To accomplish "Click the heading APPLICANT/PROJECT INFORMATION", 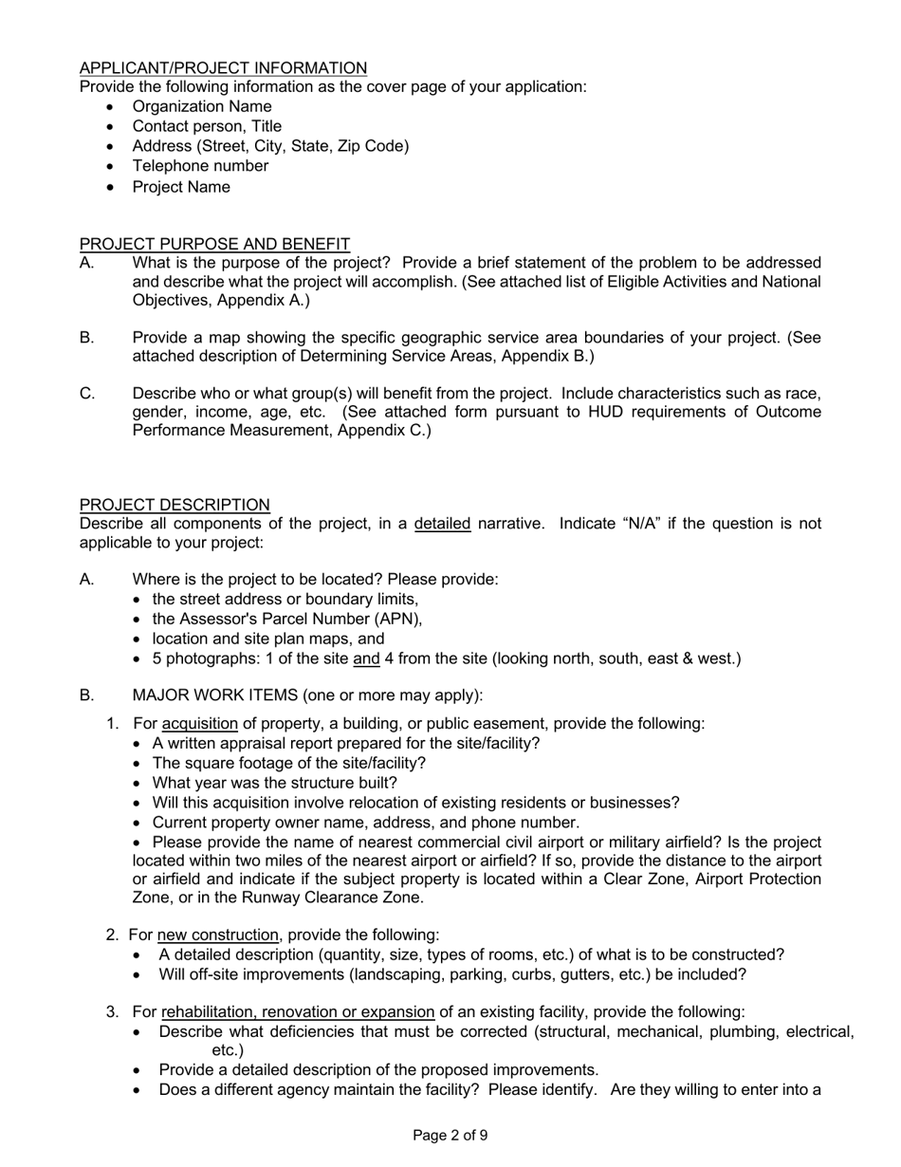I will click(x=223, y=68).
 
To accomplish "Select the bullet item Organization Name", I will click(x=201, y=106).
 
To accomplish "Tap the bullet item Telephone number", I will click(x=200, y=166).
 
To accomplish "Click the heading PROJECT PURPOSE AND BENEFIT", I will click(x=214, y=244).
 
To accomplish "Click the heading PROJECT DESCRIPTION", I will click(x=175, y=505).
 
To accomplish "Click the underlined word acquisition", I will click(x=200, y=724).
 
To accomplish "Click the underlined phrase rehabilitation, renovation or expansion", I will click(x=298, y=1011).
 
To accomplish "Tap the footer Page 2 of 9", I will click(x=450, y=1135).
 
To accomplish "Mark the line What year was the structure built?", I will click(x=274, y=783).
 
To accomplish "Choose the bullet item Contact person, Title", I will click(x=207, y=126).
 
